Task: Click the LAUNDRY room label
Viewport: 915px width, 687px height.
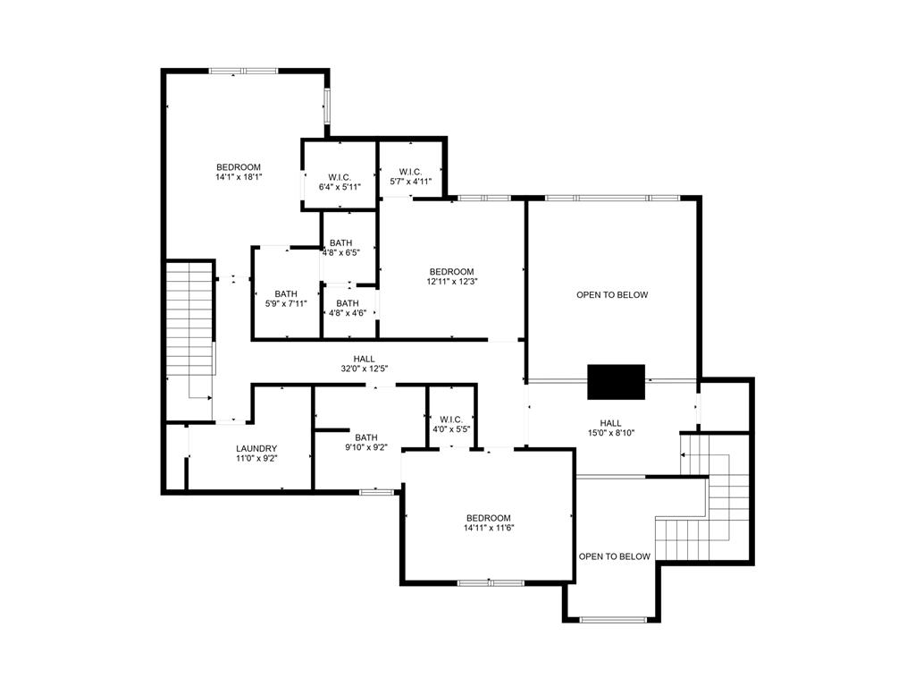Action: [x=256, y=449]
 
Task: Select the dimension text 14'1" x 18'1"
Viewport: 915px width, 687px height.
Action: [x=239, y=177]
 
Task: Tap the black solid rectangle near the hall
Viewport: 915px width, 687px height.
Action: [x=616, y=382]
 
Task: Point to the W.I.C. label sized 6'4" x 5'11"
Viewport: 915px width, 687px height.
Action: [x=339, y=176]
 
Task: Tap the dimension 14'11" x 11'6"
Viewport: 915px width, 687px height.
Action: [x=489, y=528]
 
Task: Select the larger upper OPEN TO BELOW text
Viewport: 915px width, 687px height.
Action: [x=612, y=295]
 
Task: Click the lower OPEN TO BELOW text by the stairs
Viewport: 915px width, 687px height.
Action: [x=615, y=556]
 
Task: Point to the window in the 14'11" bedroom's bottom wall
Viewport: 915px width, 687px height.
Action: [x=491, y=583]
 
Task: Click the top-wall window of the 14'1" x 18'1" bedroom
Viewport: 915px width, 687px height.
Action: [x=243, y=71]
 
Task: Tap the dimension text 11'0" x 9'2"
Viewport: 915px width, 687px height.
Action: [x=256, y=459]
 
